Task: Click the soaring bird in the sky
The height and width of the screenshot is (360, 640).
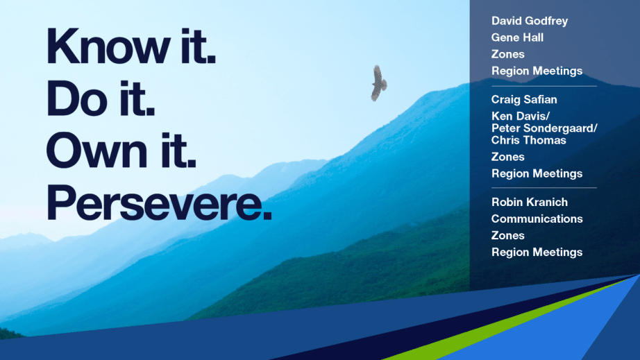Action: coord(379,83)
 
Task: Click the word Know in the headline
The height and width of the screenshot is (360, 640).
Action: coord(108,46)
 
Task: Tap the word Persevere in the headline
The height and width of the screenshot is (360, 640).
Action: coord(159,203)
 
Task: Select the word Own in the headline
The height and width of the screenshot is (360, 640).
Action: coord(96,150)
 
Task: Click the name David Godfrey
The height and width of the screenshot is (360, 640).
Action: coord(530,21)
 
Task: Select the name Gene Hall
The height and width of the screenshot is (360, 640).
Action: coord(517,37)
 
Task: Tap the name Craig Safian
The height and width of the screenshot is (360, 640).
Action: coord(524,99)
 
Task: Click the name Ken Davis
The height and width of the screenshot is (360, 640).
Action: coord(519,117)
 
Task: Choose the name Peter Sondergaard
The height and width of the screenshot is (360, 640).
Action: coord(542,128)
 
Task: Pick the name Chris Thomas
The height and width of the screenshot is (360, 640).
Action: coord(528,140)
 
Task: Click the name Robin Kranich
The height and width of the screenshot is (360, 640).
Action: coord(530,203)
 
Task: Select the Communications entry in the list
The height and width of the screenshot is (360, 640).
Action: coord(537,219)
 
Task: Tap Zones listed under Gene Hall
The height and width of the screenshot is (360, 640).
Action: coord(507,54)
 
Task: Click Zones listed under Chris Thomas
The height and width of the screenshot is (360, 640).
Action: coord(507,157)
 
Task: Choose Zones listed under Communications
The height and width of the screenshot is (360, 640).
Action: coord(507,236)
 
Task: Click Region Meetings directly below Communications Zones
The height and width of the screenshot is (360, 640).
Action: coord(537,252)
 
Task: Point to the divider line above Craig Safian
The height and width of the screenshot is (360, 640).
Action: coord(544,87)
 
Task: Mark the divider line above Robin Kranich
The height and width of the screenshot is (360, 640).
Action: coord(544,188)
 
